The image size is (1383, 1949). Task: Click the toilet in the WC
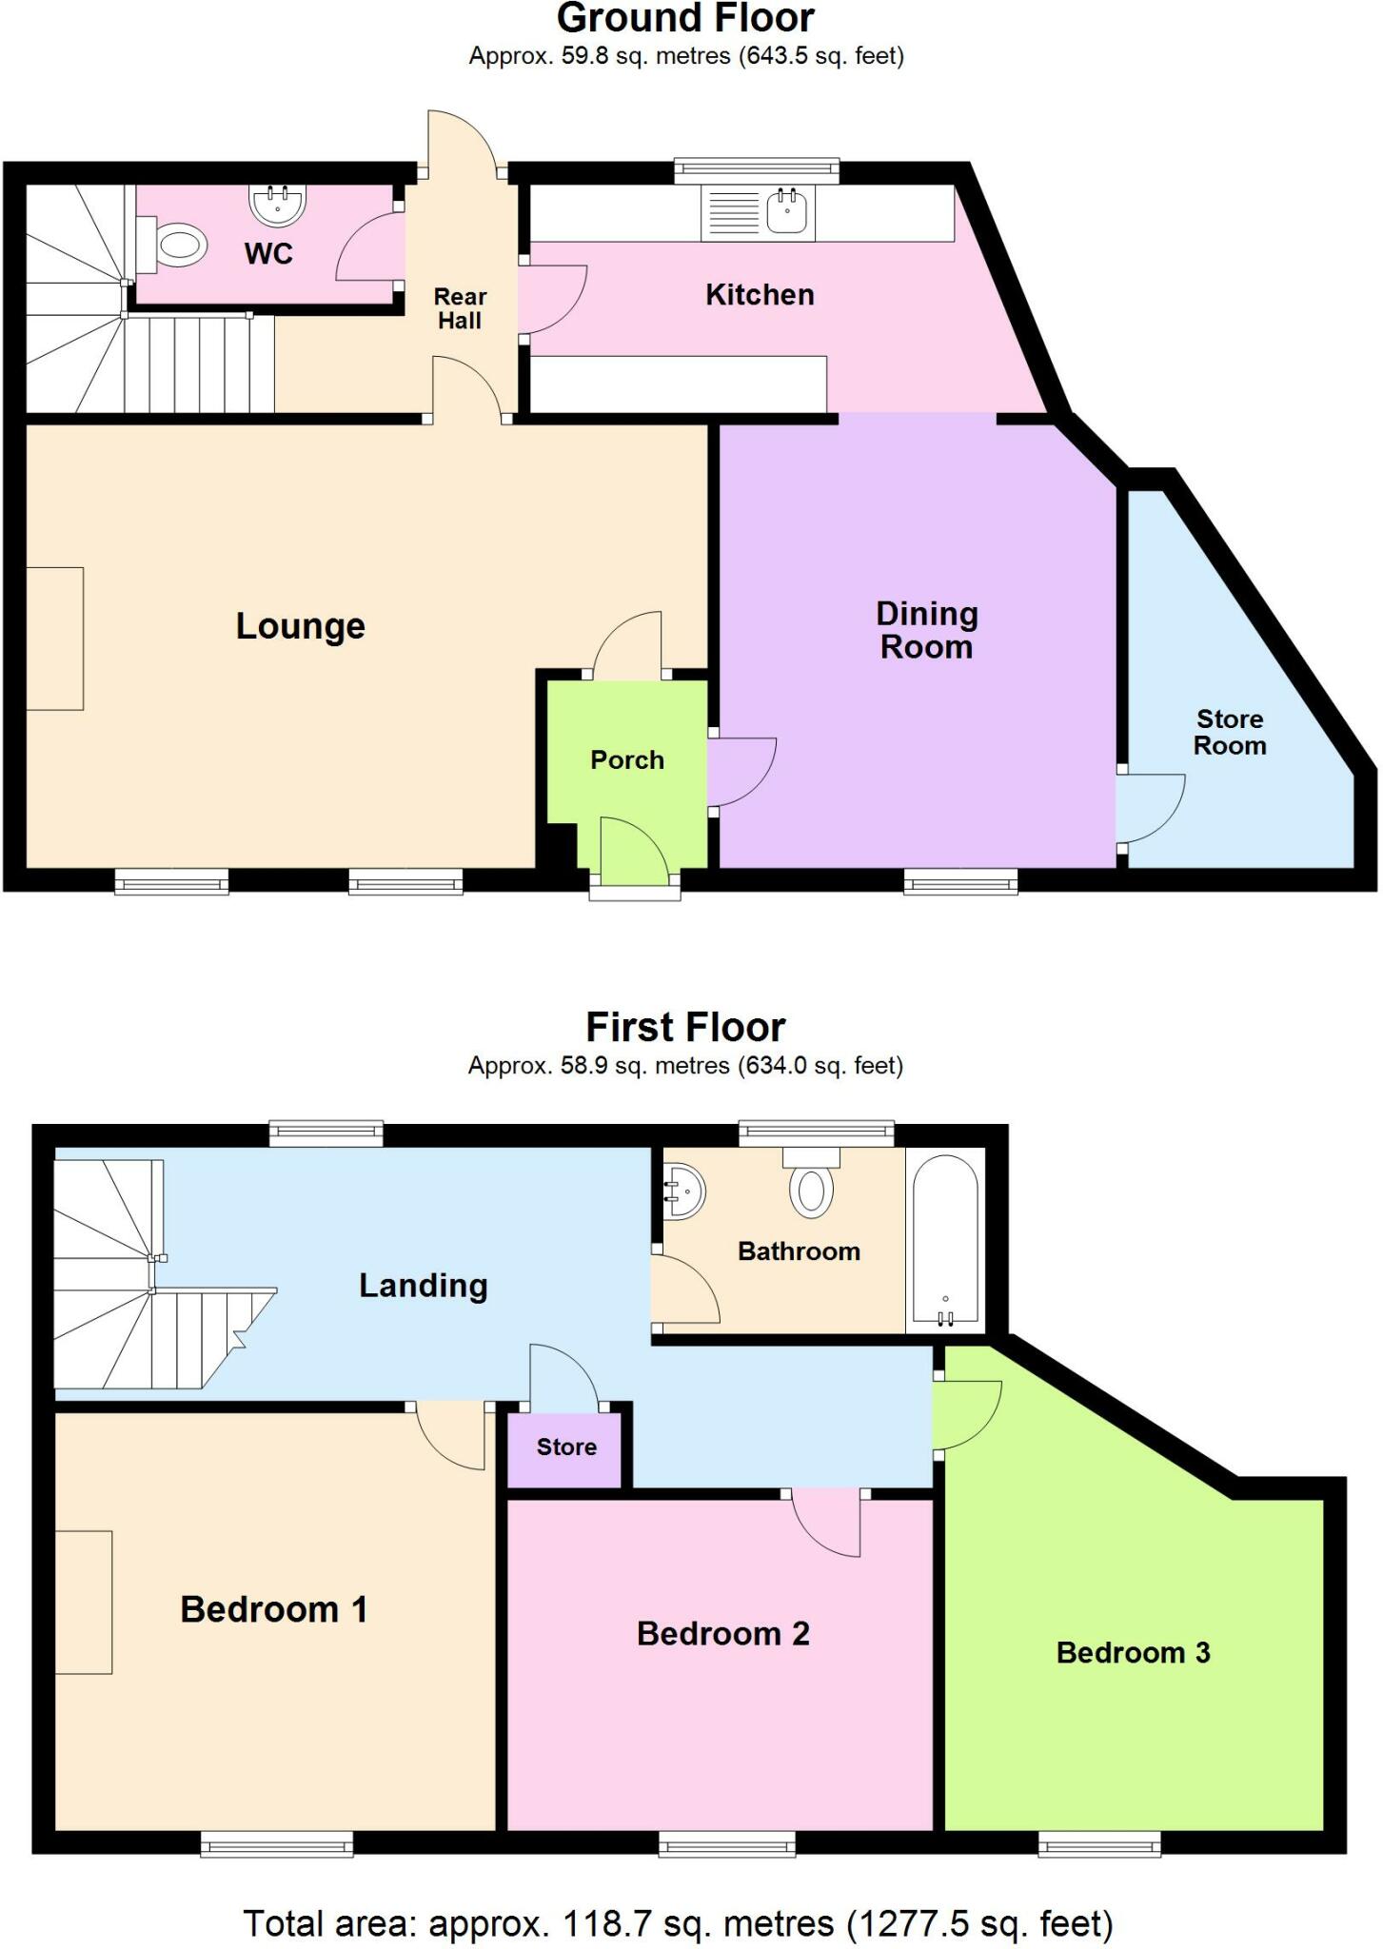(x=177, y=246)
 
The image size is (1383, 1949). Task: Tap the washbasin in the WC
(x=278, y=203)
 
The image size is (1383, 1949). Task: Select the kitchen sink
(x=787, y=212)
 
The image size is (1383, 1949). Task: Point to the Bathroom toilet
(x=811, y=1186)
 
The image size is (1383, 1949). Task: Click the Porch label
(x=627, y=759)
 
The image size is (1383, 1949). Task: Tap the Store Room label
(x=1230, y=732)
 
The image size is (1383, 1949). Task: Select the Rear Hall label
(x=461, y=308)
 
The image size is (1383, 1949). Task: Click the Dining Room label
(x=926, y=630)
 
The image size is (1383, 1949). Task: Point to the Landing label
(x=424, y=1286)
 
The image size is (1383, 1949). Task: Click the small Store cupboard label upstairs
(x=566, y=1447)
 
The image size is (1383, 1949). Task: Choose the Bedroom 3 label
(x=1133, y=1652)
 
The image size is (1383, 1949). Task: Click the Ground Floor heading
(x=685, y=19)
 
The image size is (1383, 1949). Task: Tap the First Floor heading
(x=685, y=1028)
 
